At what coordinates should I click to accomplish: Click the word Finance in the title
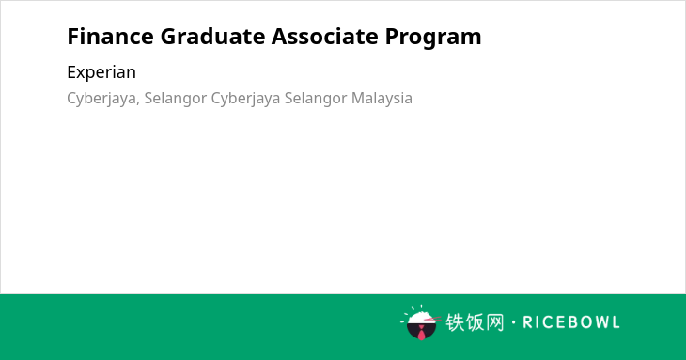110,36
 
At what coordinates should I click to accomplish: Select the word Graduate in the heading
212,36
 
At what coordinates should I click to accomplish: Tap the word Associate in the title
324,36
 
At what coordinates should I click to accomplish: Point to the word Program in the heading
433,38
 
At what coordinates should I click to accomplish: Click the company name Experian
101,72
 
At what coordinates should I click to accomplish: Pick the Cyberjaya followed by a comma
103,99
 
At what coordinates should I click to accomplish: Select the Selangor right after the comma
176,99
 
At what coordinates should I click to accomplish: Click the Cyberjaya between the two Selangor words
245,99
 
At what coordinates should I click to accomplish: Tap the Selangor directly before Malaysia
316,99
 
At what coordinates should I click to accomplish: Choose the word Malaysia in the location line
382,99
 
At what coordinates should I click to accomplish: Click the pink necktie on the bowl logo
421,334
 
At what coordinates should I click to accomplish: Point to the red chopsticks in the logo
432,319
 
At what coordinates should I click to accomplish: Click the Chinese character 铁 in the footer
455,322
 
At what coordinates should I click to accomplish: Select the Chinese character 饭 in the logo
476,322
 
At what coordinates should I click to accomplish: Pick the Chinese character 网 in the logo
495,322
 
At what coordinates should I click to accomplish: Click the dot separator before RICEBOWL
514,322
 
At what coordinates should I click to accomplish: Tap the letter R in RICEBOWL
528,322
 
